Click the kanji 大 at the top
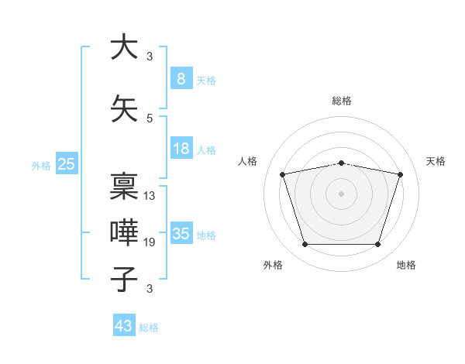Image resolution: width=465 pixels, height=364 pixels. [124, 47]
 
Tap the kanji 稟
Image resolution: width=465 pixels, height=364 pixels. [124, 186]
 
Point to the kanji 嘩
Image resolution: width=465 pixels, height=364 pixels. [124, 233]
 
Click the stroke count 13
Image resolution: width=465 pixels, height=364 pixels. [150, 195]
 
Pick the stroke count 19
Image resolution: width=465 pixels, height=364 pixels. [150, 242]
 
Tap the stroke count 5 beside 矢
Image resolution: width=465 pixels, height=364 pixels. [150, 118]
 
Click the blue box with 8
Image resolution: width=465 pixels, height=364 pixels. [181, 78]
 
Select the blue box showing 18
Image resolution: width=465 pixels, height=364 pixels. [181, 149]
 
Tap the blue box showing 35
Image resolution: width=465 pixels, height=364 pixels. [181, 234]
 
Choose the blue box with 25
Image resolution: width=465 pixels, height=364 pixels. [67, 163]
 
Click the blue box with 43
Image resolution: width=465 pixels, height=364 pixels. [124, 326]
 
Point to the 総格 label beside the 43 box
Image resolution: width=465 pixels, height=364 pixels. [149, 328]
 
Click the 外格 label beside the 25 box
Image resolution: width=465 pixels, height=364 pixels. [41, 165]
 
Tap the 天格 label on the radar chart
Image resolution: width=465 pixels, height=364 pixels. [436, 161]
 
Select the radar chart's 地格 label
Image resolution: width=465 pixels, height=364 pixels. [406, 265]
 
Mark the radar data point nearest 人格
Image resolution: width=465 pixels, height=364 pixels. [283, 175]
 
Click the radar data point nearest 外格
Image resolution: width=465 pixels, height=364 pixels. [305, 245]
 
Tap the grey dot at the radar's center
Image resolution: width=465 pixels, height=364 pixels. [341, 194]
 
